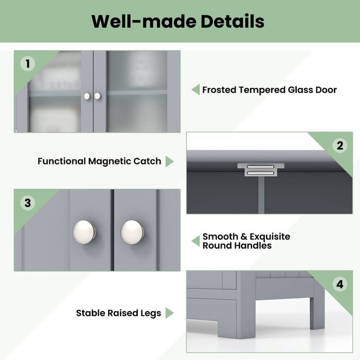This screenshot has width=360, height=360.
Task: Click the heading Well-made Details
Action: pyautogui.click(x=178, y=22)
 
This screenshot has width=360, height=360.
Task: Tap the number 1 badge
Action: pyautogui.click(x=27, y=64)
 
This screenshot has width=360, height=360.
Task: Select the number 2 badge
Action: pyautogui.click(x=339, y=146)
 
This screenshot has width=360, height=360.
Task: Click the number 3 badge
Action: pyautogui.click(x=27, y=203)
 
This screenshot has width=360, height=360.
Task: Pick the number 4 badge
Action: pyautogui.click(x=339, y=284)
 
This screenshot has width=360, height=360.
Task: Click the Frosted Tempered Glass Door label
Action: pyautogui.click(x=269, y=90)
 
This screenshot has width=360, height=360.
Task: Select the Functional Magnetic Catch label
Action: pyautogui.click(x=99, y=161)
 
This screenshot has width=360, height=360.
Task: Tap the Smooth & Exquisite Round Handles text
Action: pyautogui.click(x=246, y=241)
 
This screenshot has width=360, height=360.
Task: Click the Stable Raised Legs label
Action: pyautogui.click(x=118, y=313)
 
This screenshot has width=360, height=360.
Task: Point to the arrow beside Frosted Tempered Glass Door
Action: pyautogui.click(x=195, y=90)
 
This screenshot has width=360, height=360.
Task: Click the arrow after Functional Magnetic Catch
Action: pyautogui.click(x=169, y=161)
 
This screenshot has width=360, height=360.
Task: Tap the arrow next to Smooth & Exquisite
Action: pyautogui.click(x=195, y=241)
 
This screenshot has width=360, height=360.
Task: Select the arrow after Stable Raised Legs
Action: pyautogui.click(x=169, y=313)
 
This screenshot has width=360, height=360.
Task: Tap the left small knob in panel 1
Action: pyautogui.click(x=87, y=96)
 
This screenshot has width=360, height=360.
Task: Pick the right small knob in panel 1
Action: pyautogui.click(x=97, y=96)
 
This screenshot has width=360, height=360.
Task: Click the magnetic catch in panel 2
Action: pyautogui.click(x=260, y=170)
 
